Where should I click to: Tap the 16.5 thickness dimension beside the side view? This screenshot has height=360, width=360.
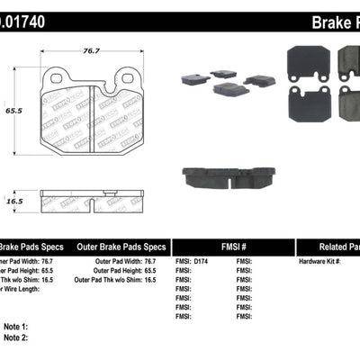[13, 202]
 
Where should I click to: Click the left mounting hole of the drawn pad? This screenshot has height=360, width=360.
[57, 78]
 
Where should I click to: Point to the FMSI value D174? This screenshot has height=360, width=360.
[205, 261]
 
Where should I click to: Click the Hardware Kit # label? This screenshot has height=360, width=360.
[321, 261]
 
